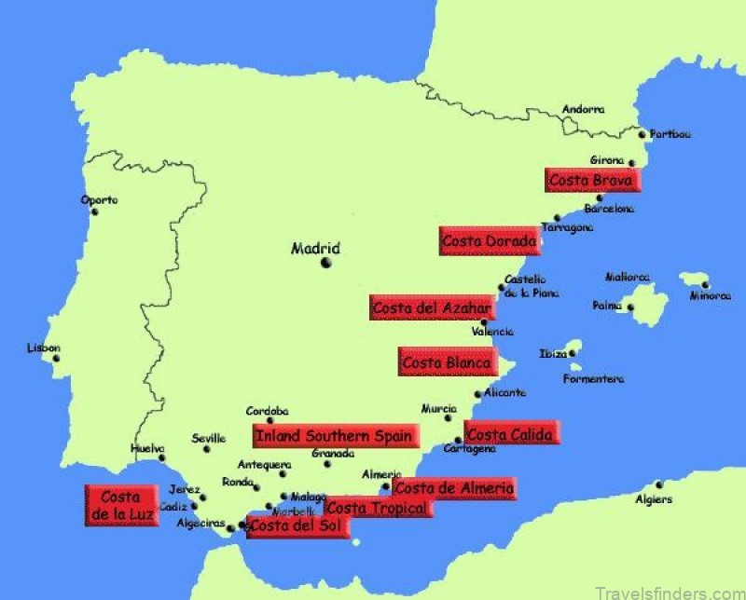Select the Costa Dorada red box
coord(490,242)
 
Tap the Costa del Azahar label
coord(430,307)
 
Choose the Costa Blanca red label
coord(446,362)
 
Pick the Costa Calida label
coord(511,433)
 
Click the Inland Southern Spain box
coord(335,435)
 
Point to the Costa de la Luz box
coord(118,505)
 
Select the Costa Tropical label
coord(379,508)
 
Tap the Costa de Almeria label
coord(453,487)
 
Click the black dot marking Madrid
coord(326,263)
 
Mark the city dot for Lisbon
coord(57,358)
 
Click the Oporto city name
coord(100,199)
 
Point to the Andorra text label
coord(583,109)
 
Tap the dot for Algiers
coord(658,484)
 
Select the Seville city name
coord(208,438)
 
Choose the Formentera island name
coord(593,379)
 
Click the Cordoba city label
coord(267,410)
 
